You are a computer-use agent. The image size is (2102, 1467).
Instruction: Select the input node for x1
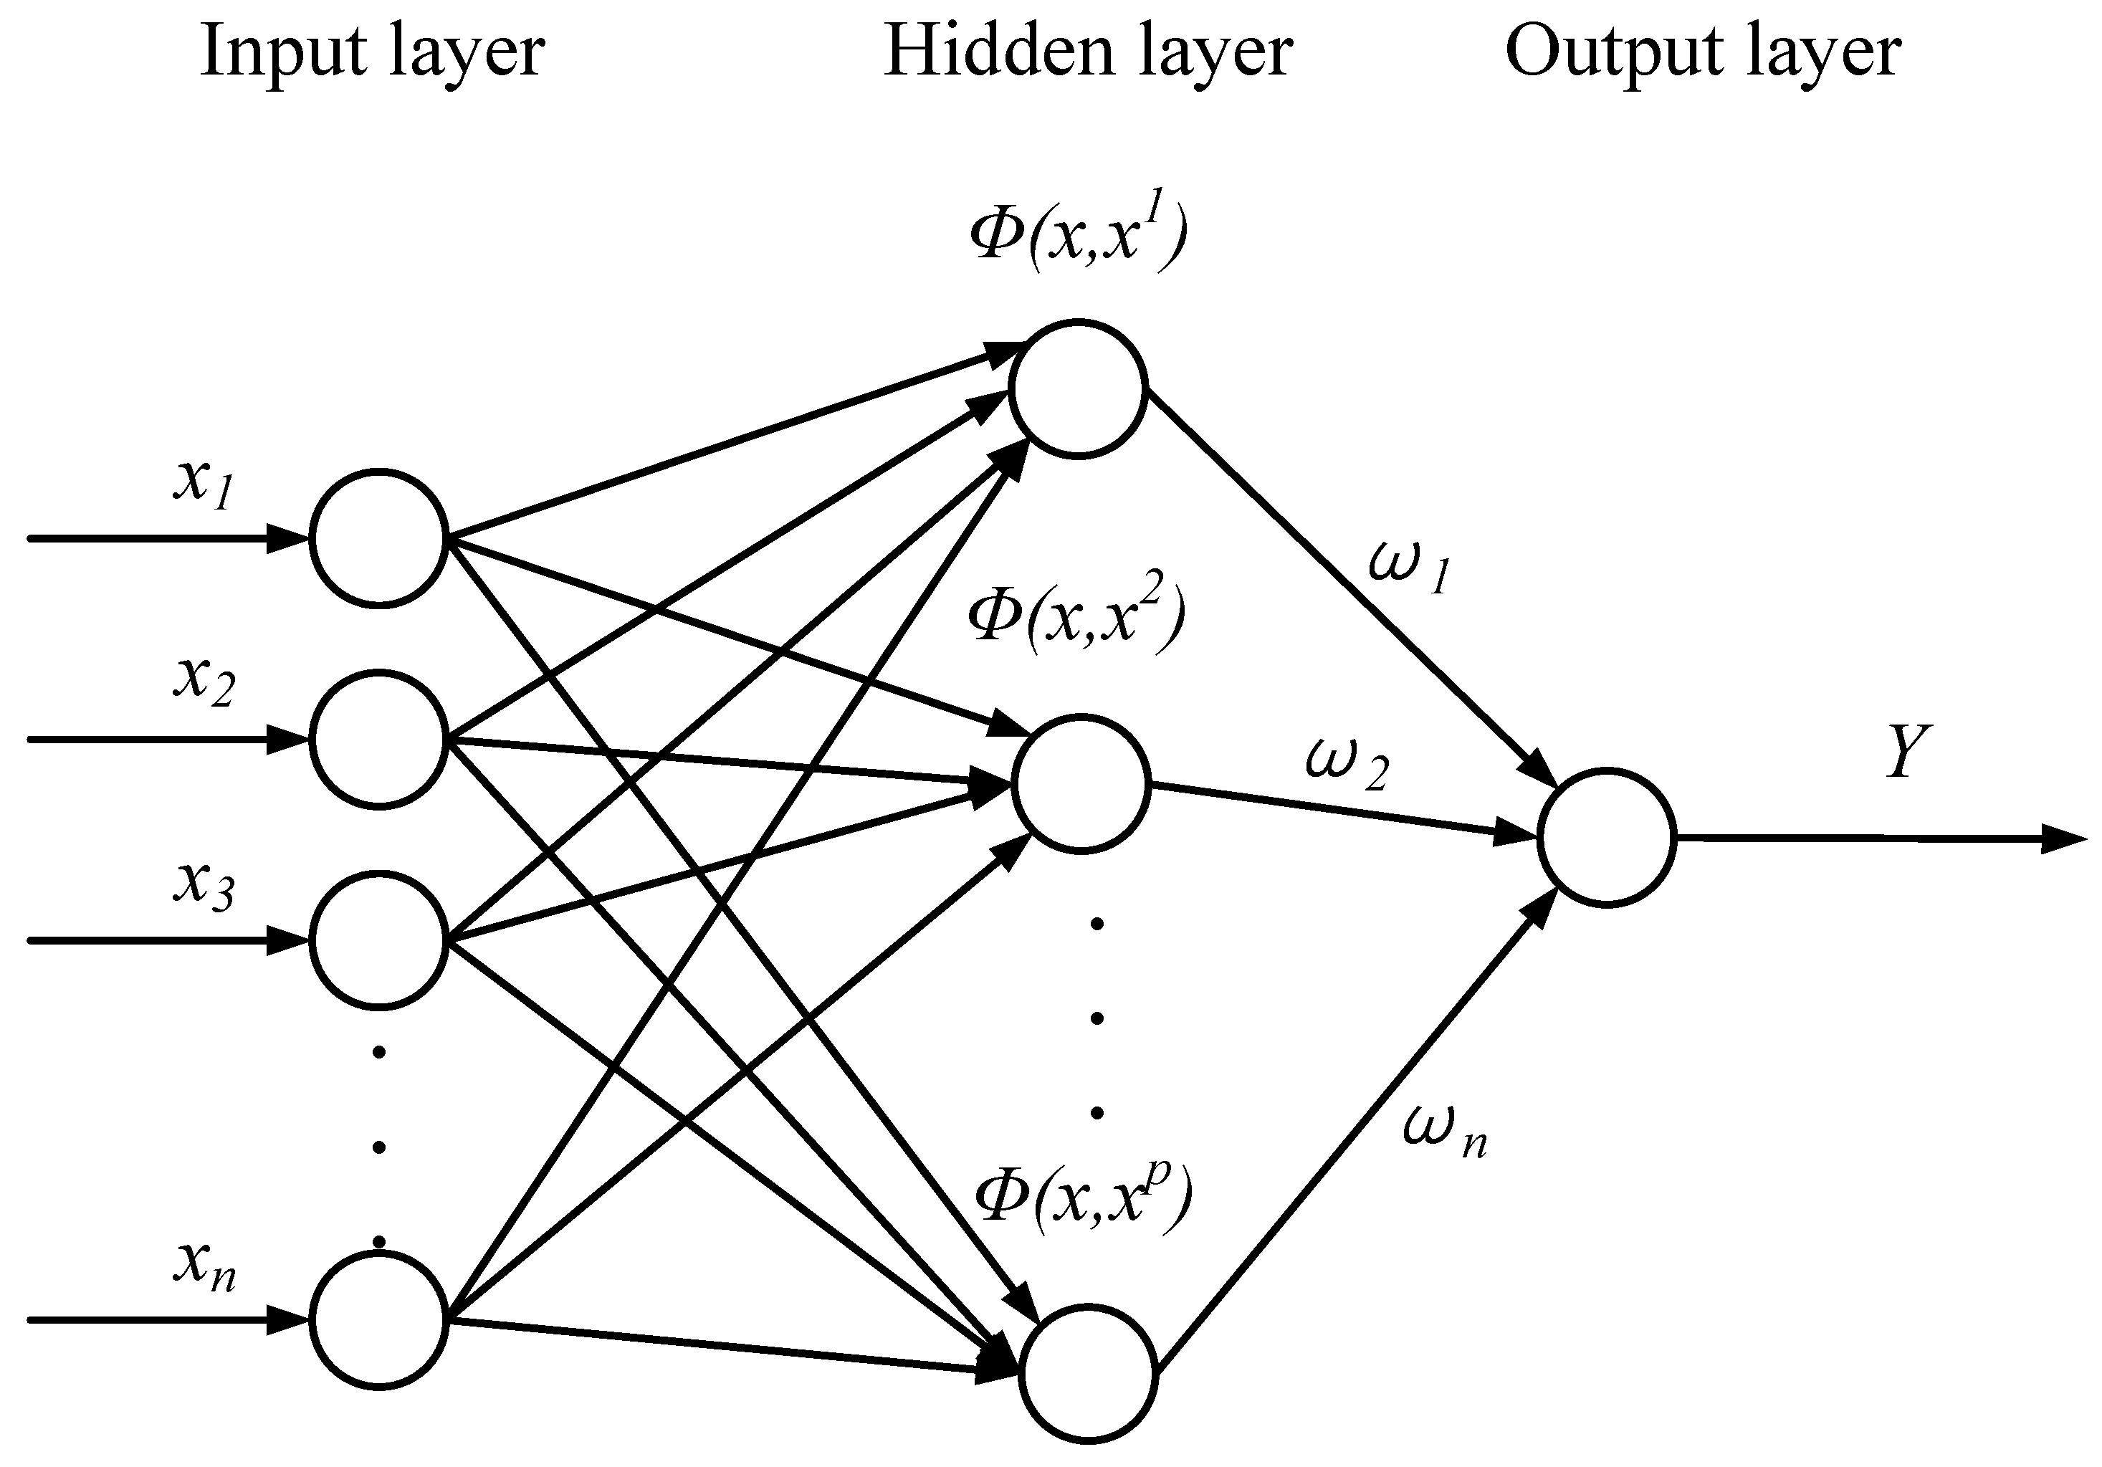pos(378,538)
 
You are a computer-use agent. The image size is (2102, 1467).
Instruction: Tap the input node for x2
pos(378,739)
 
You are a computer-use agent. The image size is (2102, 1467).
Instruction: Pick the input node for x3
pos(378,940)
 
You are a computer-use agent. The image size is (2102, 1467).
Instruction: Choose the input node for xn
pos(378,1321)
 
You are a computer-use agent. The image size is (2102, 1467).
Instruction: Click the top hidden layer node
pos(1079,388)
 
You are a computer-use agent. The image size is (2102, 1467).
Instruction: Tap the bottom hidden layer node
pos(1089,1375)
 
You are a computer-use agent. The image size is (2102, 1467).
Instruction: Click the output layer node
pos(1607,838)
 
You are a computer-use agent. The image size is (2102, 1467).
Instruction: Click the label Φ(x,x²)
pos(1076,616)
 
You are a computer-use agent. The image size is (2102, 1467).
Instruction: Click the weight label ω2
pos(1347,765)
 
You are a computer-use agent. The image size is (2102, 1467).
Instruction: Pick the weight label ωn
pos(1445,1133)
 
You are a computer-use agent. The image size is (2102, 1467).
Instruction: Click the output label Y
pos(1908,752)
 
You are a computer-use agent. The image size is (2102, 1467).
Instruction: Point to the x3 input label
pos(204,883)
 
